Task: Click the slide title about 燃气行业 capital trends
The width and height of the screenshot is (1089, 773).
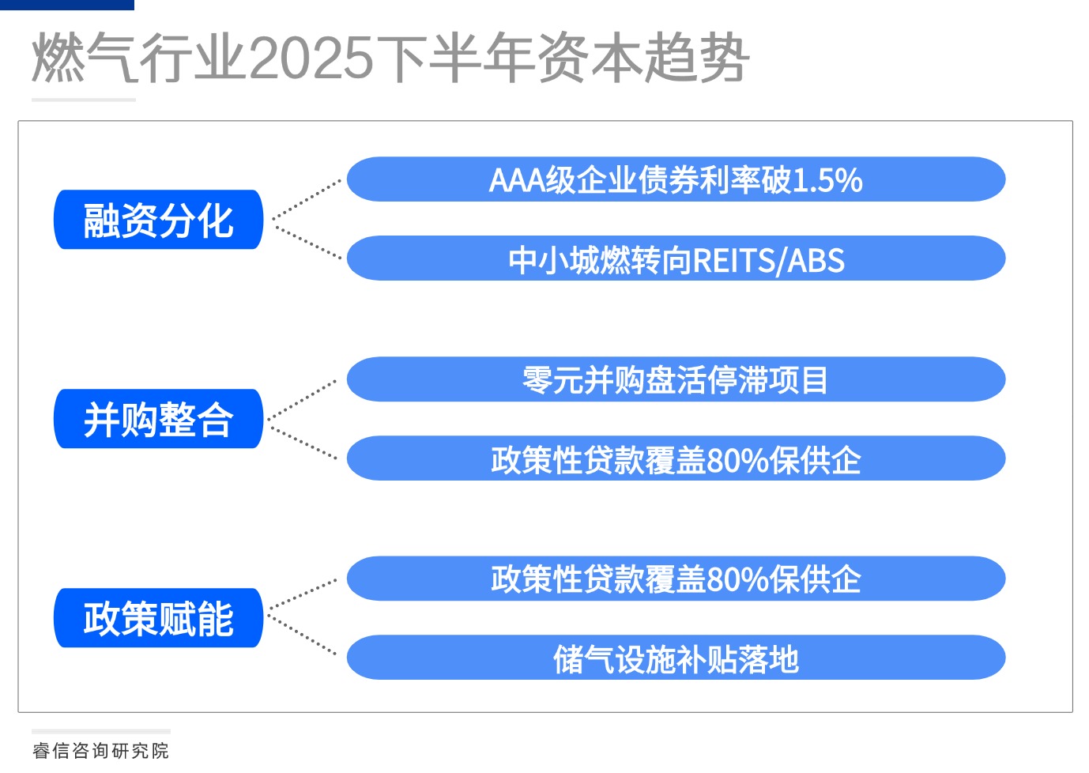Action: pyautogui.click(x=390, y=58)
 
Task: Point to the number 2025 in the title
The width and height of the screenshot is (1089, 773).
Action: pyautogui.click(x=311, y=58)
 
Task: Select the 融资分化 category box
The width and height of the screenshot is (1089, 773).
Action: pyautogui.click(x=158, y=220)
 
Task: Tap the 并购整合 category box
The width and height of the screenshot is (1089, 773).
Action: pyautogui.click(x=158, y=419)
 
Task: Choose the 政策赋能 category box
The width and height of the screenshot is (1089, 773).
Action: pyautogui.click(x=158, y=618)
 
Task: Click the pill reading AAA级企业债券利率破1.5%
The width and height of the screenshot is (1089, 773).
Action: pyautogui.click(x=676, y=179)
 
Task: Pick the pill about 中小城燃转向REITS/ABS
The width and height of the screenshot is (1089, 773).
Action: pyautogui.click(x=676, y=258)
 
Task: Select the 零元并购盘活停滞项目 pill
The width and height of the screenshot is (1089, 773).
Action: pyautogui.click(x=676, y=379)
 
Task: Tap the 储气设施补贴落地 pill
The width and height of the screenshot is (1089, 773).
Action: pyautogui.click(x=676, y=658)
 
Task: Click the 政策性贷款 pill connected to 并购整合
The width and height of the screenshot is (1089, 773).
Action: pyautogui.click(x=676, y=458)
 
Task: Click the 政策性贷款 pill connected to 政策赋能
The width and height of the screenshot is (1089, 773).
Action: pyautogui.click(x=676, y=579)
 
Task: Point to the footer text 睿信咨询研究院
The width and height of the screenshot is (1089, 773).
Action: pyautogui.click(x=101, y=750)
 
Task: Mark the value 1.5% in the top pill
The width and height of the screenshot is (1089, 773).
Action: pyautogui.click(x=827, y=180)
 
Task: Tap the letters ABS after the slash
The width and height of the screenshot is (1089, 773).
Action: pyautogui.click(x=816, y=260)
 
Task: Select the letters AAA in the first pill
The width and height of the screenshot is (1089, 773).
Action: pyautogui.click(x=517, y=180)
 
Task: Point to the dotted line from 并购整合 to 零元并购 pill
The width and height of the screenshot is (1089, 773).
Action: pyautogui.click(x=303, y=400)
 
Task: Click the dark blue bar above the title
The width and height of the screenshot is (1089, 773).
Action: pyautogui.click(x=67, y=5)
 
